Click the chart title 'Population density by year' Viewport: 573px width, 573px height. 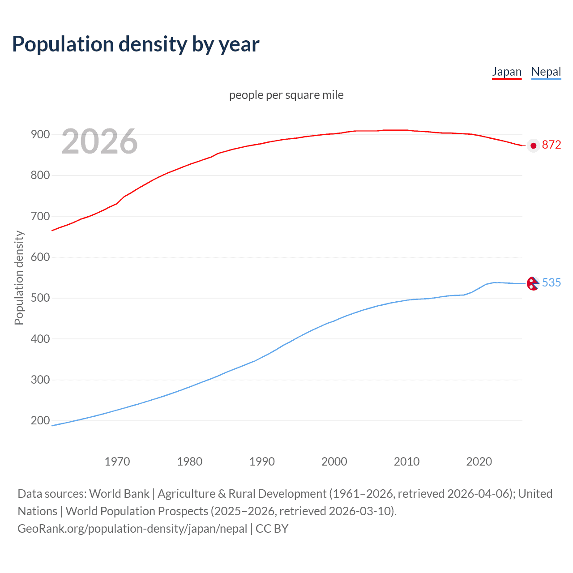[136, 44]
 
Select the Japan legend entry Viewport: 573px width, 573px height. [507, 72]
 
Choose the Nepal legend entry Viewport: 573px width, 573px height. [546, 72]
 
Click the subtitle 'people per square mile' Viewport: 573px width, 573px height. [286, 95]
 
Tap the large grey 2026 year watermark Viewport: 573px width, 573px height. [99, 141]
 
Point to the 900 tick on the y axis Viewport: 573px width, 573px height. [40, 134]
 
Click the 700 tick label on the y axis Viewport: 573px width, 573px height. [40, 216]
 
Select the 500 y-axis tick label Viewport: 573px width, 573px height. [40, 298]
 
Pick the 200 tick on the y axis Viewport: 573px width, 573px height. [40, 421]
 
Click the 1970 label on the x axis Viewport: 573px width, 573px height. [117, 462]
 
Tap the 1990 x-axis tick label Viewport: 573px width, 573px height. [262, 462]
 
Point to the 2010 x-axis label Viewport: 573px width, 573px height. [406, 462]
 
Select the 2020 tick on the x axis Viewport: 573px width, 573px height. [479, 462]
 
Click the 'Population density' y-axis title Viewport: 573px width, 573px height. [19, 278]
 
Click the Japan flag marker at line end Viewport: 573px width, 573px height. [533, 145]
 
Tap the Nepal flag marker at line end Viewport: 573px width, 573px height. [533, 283]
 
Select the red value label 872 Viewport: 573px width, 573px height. [551, 145]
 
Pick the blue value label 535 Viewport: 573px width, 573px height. [551, 282]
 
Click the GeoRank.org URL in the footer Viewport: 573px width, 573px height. [132, 529]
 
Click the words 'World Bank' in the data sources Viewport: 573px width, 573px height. [119, 494]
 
